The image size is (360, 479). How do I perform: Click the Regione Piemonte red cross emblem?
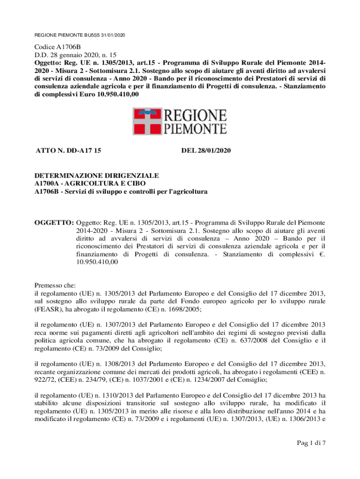[x=147, y=121]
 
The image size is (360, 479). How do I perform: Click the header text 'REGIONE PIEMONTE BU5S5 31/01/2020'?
[x=80, y=36]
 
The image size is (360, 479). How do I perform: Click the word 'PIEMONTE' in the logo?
[x=195, y=129]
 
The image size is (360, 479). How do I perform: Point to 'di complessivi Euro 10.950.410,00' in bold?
[x=87, y=94]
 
